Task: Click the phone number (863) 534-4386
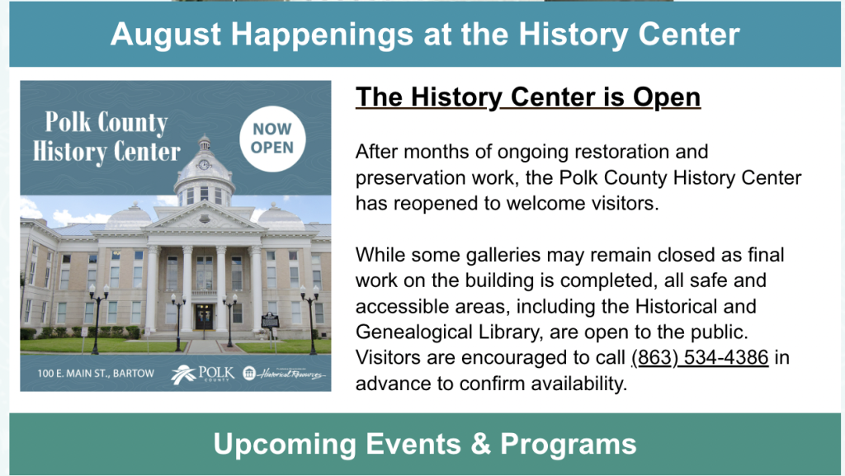click(700, 357)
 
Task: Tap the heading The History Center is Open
click(528, 97)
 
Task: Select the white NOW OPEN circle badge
click(272, 139)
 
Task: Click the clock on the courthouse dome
click(204, 165)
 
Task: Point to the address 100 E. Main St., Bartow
click(96, 373)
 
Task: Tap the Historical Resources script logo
click(284, 373)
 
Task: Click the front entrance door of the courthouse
click(205, 317)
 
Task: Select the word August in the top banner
click(165, 35)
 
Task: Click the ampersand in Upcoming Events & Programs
click(481, 444)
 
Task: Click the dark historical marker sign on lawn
click(270, 320)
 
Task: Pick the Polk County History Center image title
click(106, 137)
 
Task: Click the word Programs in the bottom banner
click(569, 445)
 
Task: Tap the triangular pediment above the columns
click(205, 216)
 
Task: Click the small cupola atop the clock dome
click(204, 144)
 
